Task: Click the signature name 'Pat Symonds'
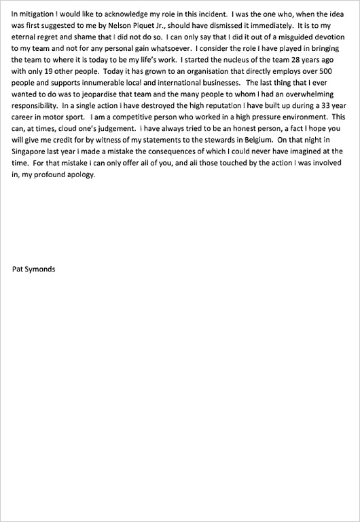click(34, 269)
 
